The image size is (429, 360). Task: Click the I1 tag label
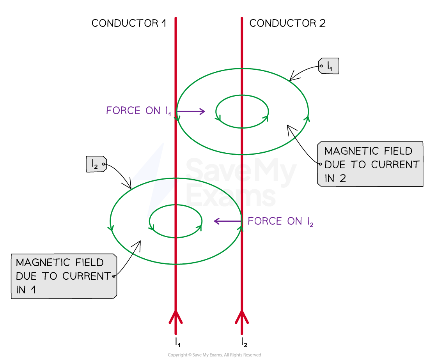(x=330, y=66)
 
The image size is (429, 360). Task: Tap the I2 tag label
(x=95, y=164)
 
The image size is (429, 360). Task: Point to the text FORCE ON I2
(x=280, y=222)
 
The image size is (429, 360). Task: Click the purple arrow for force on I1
(x=191, y=112)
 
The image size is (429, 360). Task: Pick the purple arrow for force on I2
(x=227, y=222)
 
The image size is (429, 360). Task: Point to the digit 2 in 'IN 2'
(x=342, y=178)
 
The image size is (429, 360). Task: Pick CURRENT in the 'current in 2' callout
(x=395, y=165)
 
